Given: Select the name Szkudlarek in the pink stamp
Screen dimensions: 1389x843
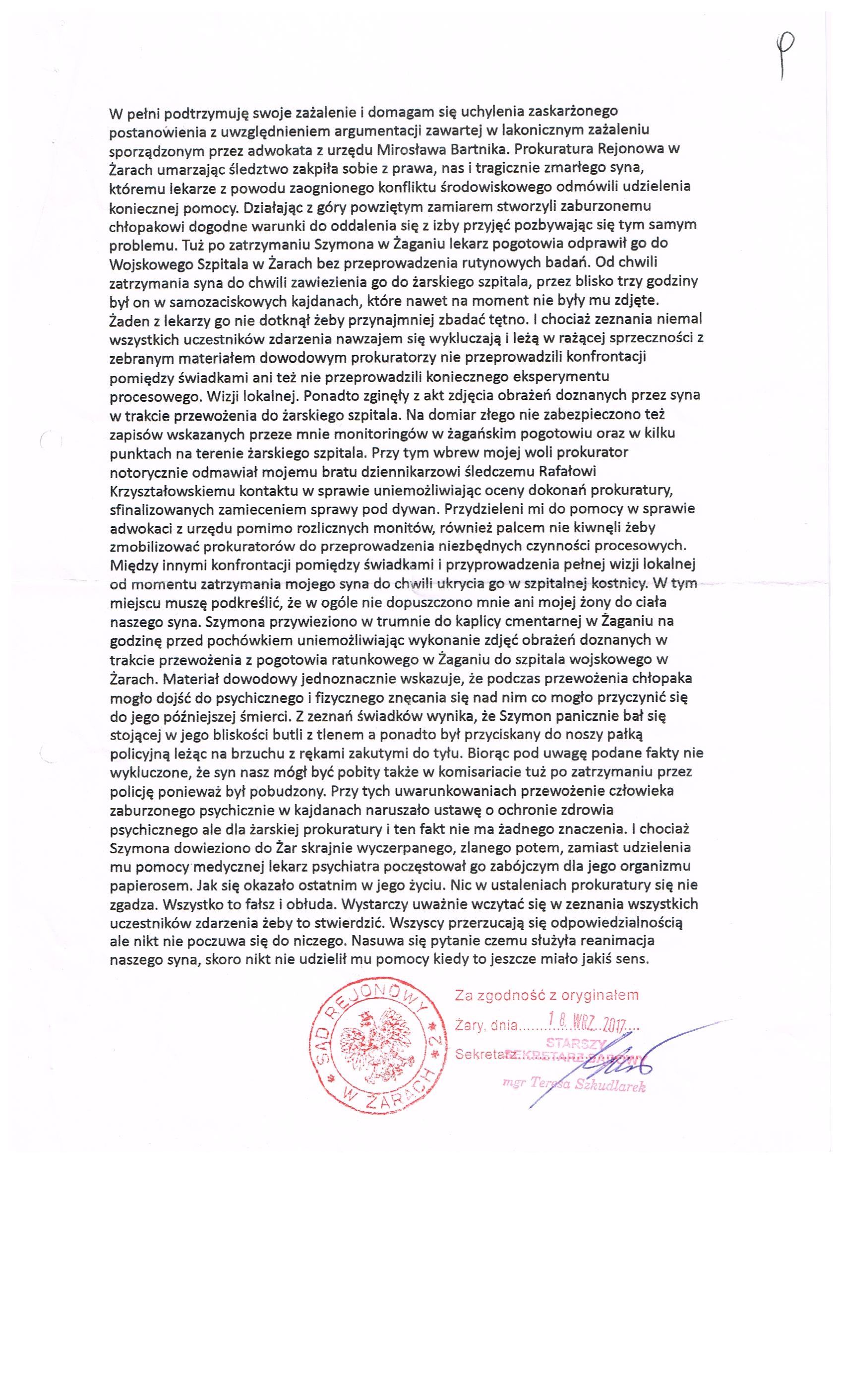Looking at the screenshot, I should pos(611,1086).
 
